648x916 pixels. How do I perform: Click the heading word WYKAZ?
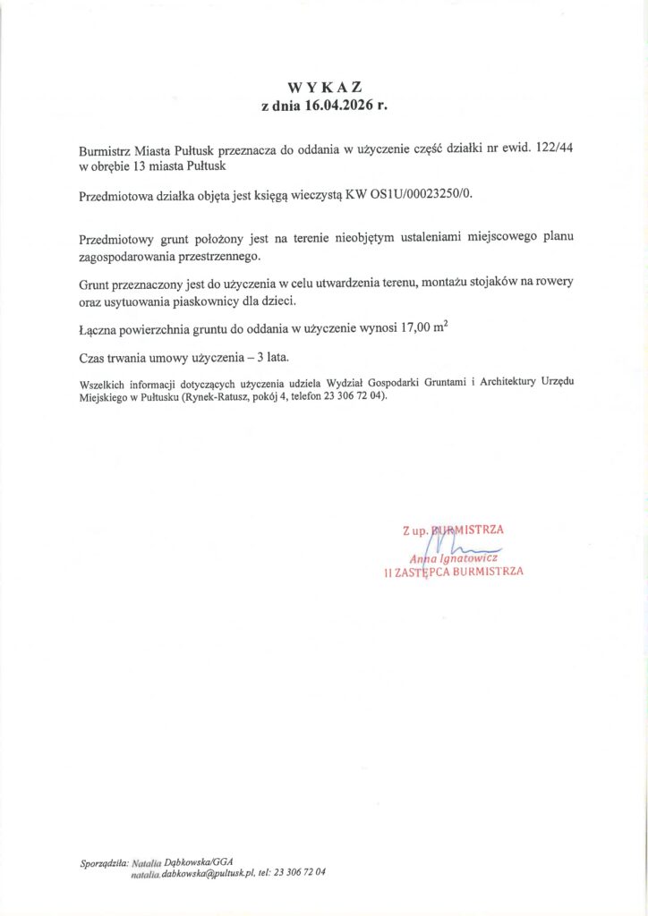324,88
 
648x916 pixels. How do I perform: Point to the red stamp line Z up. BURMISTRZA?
453,529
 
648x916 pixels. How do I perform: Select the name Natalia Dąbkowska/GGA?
182,861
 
